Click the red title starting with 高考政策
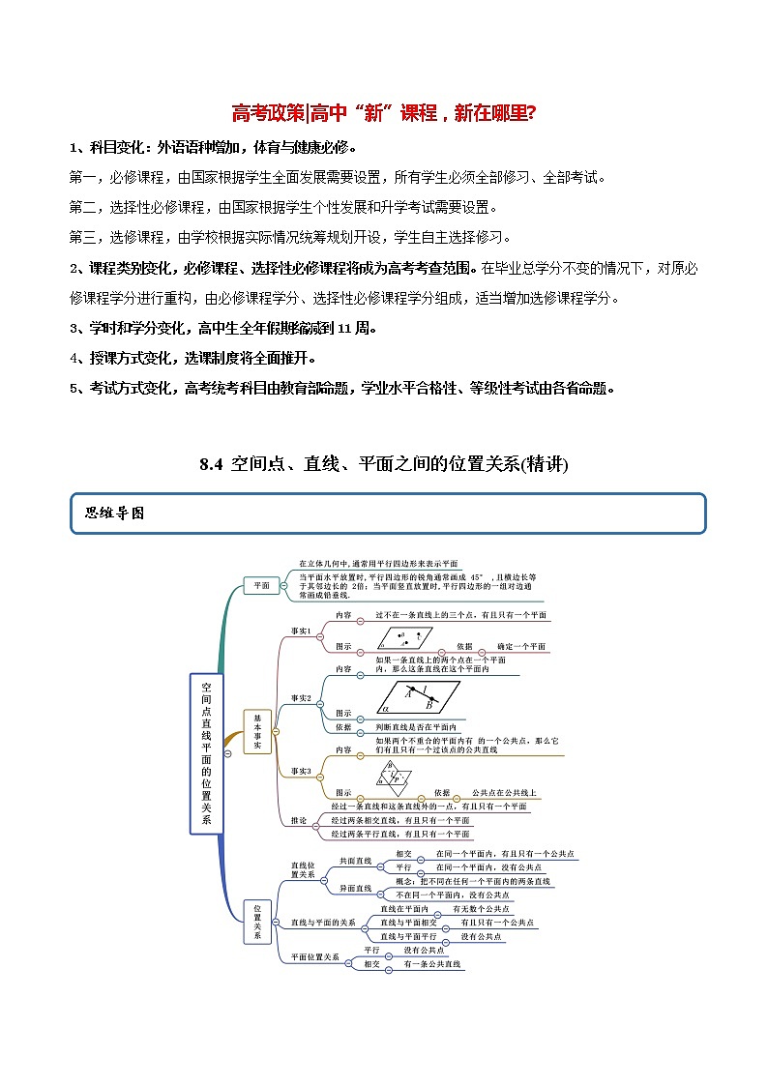click(x=384, y=113)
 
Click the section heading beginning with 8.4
click(x=384, y=464)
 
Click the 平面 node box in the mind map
click(x=261, y=585)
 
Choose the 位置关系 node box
click(x=257, y=922)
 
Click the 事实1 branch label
click(x=302, y=631)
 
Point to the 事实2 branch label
click(x=302, y=697)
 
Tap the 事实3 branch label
click(x=302, y=771)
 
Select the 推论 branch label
click(x=299, y=820)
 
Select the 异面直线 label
click(x=355, y=888)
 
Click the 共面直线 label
click(x=355, y=860)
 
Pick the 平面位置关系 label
click(x=314, y=956)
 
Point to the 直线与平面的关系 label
click(x=323, y=922)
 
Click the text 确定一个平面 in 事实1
click(x=521, y=646)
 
